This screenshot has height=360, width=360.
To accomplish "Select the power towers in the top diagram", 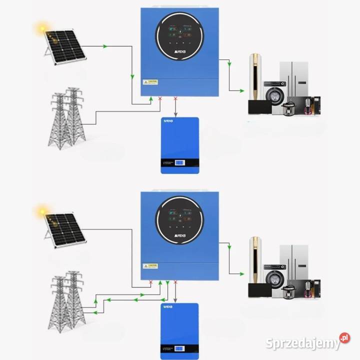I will [x=66, y=118].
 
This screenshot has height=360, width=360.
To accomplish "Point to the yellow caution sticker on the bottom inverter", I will [x=150, y=266].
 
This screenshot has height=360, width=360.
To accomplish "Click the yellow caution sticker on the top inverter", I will [x=150, y=82].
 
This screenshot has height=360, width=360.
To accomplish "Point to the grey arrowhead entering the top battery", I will [x=175, y=113].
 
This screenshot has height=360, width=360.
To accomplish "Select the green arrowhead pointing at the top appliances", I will [x=243, y=90].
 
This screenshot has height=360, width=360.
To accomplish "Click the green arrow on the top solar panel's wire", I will [x=105, y=46].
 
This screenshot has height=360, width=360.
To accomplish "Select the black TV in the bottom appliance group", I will [x=260, y=290].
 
